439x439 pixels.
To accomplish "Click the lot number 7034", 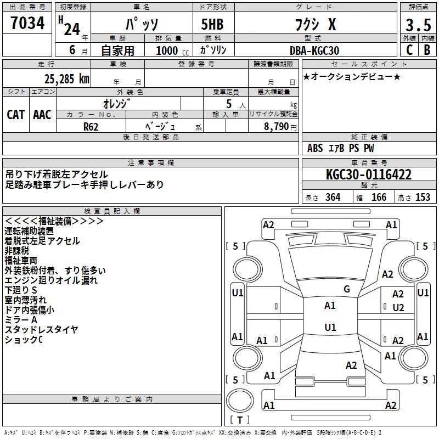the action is click(x=27, y=23).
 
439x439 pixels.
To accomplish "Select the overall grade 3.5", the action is click(x=418, y=25).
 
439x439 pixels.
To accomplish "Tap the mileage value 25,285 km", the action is click(x=66, y=79).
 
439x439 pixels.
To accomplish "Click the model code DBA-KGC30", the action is click(x=314, y=50).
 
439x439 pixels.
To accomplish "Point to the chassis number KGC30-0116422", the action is click(x=369, y=175).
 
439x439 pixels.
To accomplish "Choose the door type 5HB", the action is click(x=212, y=24).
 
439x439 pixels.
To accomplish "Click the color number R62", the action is click(x=91, y=127).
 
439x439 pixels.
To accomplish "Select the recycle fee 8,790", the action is click(x=276, y=127).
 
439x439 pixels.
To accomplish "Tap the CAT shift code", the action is click(x=16, y=115).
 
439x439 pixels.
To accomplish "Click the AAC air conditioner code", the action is click(x=42, y=115).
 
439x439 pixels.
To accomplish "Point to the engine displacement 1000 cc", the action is click(x=172, y=51).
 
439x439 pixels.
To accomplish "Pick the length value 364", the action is click(x=333, y=198).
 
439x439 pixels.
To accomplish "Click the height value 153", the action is click(x=423, y=198).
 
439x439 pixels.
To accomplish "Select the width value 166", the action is click(x=379, y=198).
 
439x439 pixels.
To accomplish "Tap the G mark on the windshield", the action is click(x=347, y=289).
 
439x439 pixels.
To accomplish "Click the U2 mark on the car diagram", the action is click(x=398, y=308).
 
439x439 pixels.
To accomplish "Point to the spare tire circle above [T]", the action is click(x=240, y=401).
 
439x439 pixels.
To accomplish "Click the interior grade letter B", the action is click(x=427, y=50).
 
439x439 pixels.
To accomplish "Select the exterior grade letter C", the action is click(x=409, y=50).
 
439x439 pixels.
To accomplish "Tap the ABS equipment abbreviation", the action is click(x=315, y=148).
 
